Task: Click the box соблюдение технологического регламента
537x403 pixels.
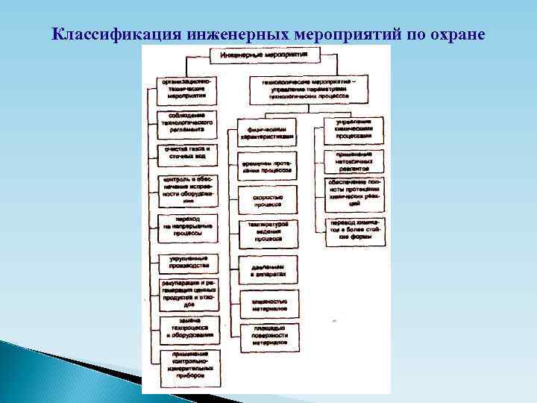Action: pos(187,122)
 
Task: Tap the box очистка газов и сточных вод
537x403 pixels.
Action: pos(187,154)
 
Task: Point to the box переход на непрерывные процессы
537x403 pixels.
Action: pos(187,226)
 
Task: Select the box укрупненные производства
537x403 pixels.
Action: pos(187,262)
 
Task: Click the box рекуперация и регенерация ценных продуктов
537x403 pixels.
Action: pos(187,294)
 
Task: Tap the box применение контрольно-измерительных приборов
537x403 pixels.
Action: pos(187,363)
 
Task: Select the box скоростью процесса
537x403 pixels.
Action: pos(267,198)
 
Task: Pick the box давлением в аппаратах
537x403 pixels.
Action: pos(267,269)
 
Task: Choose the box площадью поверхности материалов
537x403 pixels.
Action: pos(267,337)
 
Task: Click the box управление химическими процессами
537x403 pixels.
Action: pos(354,129)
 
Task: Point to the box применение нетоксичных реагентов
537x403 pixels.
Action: pos(354,161)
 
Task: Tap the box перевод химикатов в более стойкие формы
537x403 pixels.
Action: pos(354,232)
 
